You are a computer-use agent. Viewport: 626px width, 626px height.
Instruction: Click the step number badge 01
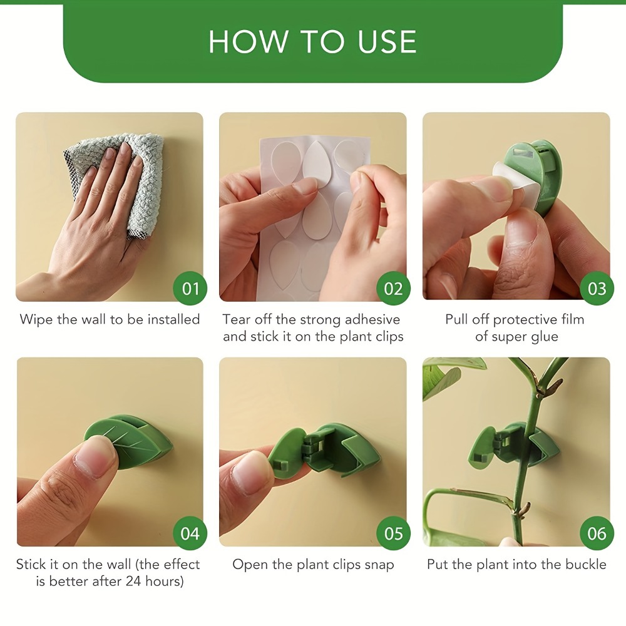tap(190, 288)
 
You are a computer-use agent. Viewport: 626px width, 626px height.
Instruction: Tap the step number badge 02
tap(394, 288)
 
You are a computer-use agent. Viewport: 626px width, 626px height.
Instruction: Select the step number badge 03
tap(597, 288)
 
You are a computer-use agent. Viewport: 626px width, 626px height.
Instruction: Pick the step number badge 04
tap(190, 533)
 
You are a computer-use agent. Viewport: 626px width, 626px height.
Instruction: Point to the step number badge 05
tap(394, 533)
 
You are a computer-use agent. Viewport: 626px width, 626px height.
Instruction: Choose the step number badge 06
tap(597, 533)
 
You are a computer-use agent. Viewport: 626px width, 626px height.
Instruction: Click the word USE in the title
tap(387, 41)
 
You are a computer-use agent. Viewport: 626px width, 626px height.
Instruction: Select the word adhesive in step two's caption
tap(372, 319)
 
